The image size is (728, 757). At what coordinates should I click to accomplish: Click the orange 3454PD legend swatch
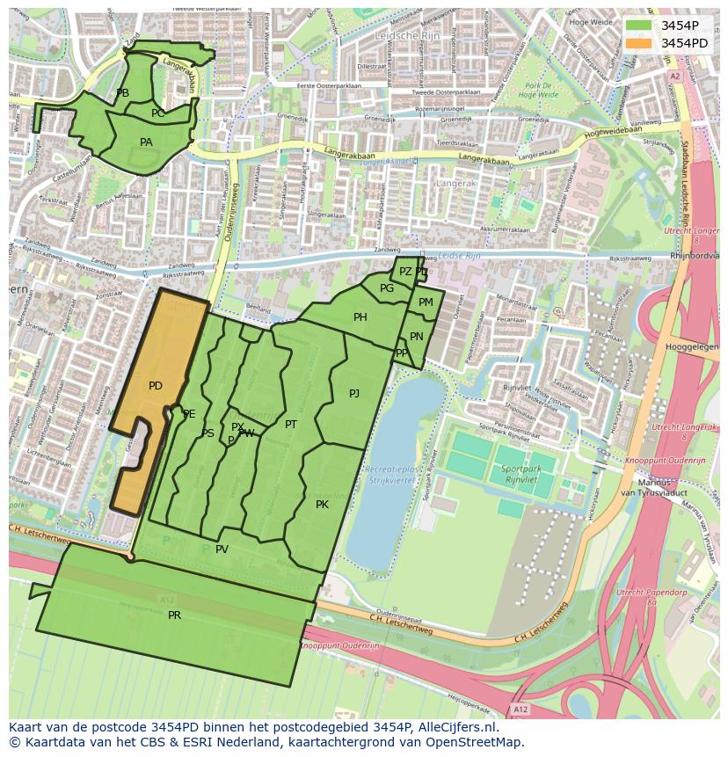pos(638,43)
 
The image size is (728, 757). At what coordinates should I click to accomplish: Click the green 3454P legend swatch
pos(638,25)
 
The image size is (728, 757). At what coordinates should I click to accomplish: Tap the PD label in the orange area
pos(156,386)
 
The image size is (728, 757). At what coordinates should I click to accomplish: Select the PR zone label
pos(174,615)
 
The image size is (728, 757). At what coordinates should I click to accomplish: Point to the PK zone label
pos(322,505)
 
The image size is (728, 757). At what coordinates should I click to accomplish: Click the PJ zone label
pos(353,394)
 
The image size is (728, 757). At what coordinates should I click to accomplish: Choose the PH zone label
pos(360,317)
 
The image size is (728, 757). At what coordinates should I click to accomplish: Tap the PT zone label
pos(291,425)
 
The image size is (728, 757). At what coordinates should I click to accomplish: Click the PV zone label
pos(222,550)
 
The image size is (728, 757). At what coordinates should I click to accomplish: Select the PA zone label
pos(146,142)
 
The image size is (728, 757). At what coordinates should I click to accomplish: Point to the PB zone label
pos(122,93)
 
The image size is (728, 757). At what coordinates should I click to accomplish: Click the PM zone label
pos(426,302)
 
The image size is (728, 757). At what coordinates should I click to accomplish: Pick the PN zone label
pos(416,337)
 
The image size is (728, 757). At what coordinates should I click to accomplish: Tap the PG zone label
pos(387,288)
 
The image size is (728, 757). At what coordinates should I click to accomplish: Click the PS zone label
pos(207,433)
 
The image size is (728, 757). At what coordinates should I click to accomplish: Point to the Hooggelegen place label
pos(694,347)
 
